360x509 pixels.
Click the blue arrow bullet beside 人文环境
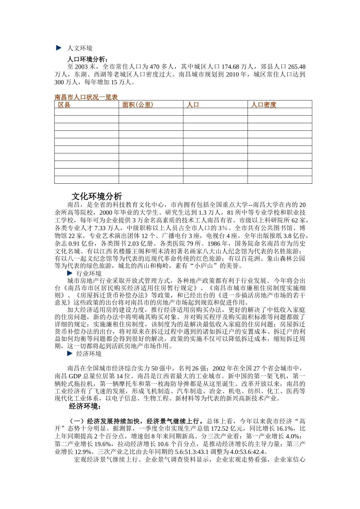pyautogui.click(x=59, y=48)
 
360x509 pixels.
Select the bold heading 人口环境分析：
pyautogui.click(x=88, y=59)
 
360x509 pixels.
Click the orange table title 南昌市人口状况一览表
pyautogui.click(x=86, y=97)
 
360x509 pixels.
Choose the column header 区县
pyautogui.click(x=64, y=105)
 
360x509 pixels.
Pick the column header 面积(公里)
pyautogui.click(x=138, y=105)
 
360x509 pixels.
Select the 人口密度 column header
pyautogui.click(x=264, y=105)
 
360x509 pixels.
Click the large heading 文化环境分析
pyautogui.click(x=97, y=196)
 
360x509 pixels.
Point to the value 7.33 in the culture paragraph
pyautogui.click(x=100, y=228)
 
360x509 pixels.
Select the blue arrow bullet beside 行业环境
pyautogui.click(x=69, y=273)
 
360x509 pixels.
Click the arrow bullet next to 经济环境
pyautogui.click(x=69, y=353)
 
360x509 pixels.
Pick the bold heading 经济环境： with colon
pyautogui.click(x=85, y=406)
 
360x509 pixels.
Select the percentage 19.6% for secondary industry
pyautogui.click(x=102, y=444)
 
